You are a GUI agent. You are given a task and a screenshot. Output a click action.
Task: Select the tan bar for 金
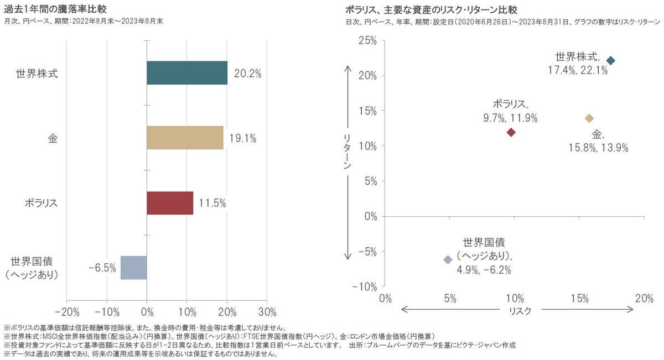pos(185,138)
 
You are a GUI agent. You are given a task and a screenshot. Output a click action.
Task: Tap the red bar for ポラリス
pos(170,203)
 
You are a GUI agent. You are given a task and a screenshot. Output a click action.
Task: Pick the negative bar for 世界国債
pos(134,268)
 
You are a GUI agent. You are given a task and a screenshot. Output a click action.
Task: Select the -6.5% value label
pos(102,268)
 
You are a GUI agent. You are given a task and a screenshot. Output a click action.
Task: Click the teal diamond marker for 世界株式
pos(610,60)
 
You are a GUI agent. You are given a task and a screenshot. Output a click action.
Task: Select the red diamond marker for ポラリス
pos(511,132)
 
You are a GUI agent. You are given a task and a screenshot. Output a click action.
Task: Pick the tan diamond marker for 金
pos(589,118)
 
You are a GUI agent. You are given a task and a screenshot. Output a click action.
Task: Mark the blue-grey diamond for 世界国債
pos(448,259)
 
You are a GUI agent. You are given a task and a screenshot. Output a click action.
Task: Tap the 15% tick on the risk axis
pos(579,299)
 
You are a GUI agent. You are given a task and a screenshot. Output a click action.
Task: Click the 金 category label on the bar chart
pos(53,138)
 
